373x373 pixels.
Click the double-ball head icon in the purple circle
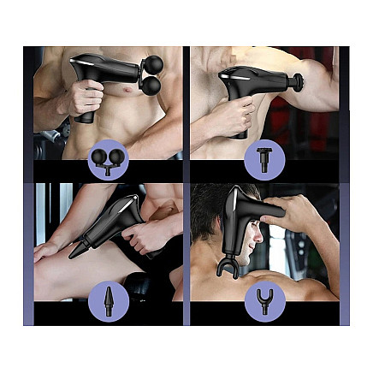[x=108, y=160]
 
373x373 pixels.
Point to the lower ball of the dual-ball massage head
[x=152, y=86]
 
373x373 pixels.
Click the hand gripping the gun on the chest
[x=84, y=98]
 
